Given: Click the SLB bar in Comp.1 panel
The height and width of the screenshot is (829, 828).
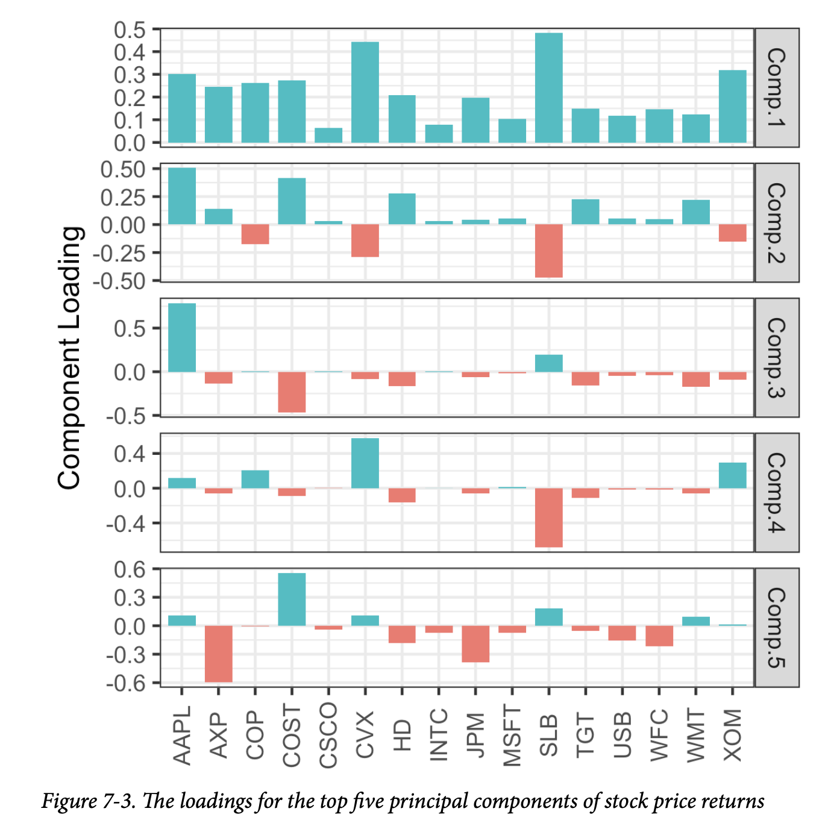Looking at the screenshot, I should tap(548, 88).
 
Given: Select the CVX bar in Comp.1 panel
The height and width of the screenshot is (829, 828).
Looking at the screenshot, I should tap(365, 92).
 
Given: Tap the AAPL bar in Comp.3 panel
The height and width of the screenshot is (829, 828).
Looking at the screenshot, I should tap(182, 337).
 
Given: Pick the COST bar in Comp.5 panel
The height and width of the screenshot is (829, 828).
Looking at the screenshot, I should tap(292, 599).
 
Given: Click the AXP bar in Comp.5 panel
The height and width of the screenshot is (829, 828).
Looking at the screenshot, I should tap(219, 654).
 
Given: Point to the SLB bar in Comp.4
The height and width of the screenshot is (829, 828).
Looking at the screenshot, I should tap(548, 518).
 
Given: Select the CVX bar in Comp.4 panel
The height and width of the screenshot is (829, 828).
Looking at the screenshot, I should tap(365, 463).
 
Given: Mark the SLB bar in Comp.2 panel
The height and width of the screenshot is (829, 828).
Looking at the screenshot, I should tap(548, 251).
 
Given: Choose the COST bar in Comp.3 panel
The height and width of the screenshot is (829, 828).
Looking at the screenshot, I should tap(292, 392).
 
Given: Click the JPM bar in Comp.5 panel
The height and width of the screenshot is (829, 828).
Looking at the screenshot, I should tap(475, 643).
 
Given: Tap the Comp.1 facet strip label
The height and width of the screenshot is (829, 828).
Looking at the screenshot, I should tap(777, 88).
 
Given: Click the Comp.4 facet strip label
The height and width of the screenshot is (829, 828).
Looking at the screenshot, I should tap(777, 492).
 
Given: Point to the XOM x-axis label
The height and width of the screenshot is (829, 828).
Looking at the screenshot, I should tap(732, 734).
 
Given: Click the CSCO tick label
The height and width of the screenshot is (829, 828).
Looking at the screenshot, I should tap(328, 736).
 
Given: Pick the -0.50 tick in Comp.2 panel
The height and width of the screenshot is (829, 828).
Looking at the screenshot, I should tap(124, 281).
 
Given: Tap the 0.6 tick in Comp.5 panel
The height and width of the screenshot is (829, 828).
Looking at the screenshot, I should tap(130, 569).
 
